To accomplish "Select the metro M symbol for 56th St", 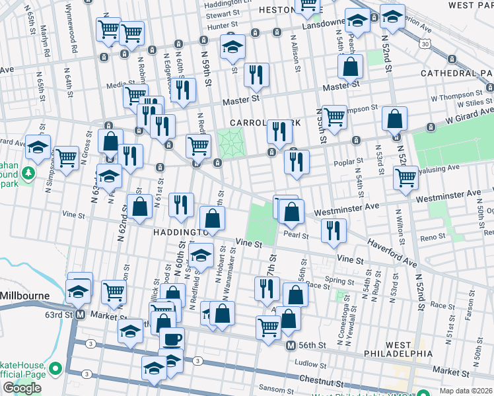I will click(x=290, y=346).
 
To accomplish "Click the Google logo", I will click(x=22, y=388).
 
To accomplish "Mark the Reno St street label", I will click(x=433, y=237).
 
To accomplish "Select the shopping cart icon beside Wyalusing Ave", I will click(x=406, y=177).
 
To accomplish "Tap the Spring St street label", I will click(x=340, y=280).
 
